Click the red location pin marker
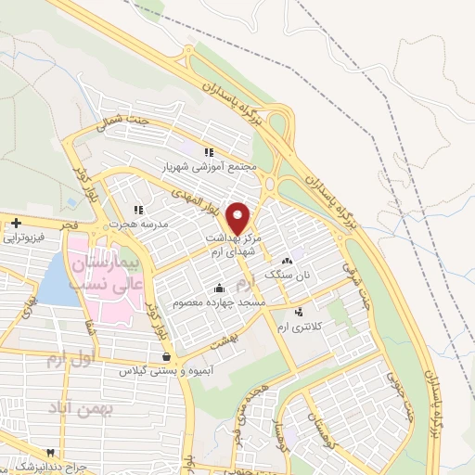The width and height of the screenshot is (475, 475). pos(238,216)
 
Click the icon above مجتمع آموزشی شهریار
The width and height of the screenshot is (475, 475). pos(210,153)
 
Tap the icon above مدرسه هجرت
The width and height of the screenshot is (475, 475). pos(138,209)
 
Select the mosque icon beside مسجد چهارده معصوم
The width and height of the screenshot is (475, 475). pos(218,287)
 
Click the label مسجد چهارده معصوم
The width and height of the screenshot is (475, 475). pos(222,302)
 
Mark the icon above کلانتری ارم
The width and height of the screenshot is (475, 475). pos(298,312)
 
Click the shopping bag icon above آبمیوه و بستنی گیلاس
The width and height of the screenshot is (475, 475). pos(165,355)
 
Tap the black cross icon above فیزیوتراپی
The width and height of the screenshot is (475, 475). pos(17,222)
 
